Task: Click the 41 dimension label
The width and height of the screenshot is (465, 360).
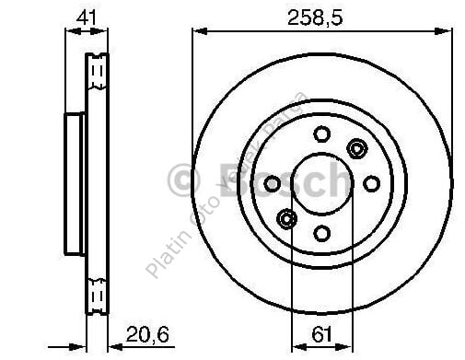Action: click(x=84, y=16)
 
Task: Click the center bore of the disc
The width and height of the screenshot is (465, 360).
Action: click(x=320, y=182)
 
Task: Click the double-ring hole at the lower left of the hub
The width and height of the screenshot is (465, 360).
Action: click(x=285, y=219)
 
